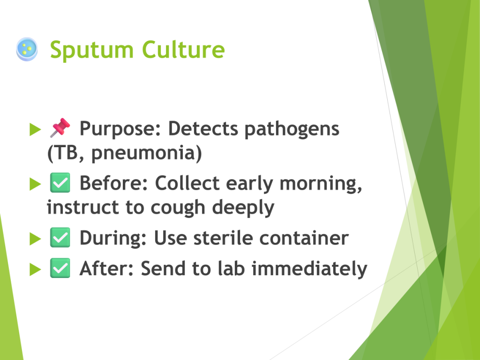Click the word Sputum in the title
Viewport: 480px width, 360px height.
[92, 50]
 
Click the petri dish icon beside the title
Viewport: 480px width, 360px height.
[27, 49]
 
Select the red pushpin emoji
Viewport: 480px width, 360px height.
[60, 127]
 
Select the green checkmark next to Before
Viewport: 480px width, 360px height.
[60, 183]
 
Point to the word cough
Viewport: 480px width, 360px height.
[178, 208]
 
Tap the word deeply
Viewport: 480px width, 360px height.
[243, 208]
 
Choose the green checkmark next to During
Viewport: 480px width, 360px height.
[60, 238]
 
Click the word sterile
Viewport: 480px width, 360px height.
[223, 238]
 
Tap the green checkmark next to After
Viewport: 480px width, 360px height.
[60, 268]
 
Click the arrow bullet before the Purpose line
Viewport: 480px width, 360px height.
[35, 129]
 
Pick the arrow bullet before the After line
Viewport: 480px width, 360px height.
[35, 270]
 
